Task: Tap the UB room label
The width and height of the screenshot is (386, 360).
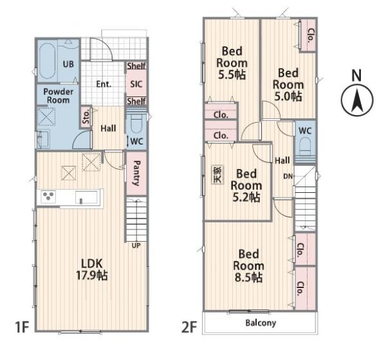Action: (68, 64)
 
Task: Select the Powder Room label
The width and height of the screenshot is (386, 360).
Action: (58, 96)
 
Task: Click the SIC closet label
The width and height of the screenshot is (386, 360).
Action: (136, 84)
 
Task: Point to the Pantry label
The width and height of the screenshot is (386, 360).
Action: (136, 173)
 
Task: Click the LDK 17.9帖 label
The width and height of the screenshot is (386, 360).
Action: (92, 269)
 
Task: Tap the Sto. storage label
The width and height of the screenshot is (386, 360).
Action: (86, 117)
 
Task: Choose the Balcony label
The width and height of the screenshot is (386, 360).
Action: (261, 323)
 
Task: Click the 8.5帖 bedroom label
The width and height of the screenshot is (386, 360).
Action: (248, 265)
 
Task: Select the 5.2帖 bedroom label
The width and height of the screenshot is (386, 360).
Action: (246, 185)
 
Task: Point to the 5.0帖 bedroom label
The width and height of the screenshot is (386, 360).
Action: (288, 85)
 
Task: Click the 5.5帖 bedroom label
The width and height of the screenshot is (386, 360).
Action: (232, 63)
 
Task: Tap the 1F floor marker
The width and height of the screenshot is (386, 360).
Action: (22, 327)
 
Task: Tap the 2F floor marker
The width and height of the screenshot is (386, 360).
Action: (189, 327)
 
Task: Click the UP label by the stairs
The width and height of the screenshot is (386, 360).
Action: (136, 246)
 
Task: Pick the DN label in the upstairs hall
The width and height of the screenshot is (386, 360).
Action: (288, 176)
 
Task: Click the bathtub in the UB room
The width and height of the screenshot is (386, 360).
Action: (47, 61)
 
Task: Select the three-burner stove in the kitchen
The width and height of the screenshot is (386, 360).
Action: (48, 196)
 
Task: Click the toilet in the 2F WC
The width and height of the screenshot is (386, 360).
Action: (305, 146)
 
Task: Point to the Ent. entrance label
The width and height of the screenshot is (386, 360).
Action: (104, 84)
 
